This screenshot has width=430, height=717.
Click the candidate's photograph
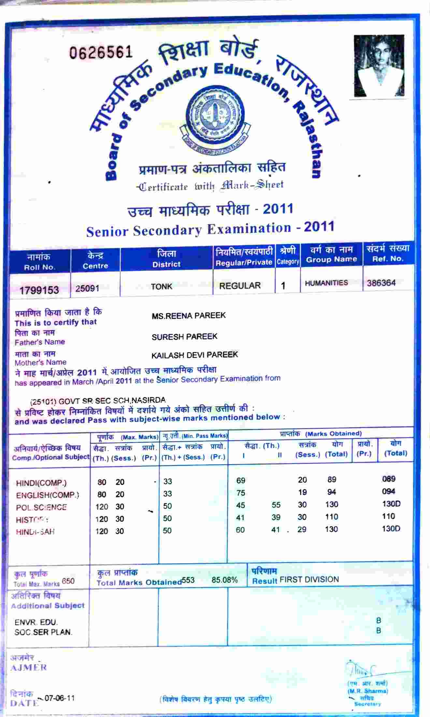tap(379, 66)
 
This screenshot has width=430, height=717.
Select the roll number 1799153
tap(39, 290)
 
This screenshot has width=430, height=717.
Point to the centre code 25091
tap(87, 288)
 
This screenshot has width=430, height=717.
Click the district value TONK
tap(162, 286)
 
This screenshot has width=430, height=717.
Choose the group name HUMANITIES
tap(326, 283)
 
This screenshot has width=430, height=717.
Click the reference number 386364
tap(381, 283)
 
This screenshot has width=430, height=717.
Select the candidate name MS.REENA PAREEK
tap(189, 315)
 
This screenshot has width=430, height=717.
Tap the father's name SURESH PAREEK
tap(184, 336)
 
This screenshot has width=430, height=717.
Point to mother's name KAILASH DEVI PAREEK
tap(195, 355)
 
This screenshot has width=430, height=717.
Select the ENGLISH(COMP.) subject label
tap(48, 495)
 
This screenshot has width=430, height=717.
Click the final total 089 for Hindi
tap(389, 479)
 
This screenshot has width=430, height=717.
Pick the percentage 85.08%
tap(224, 580)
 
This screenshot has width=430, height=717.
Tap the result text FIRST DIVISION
tap(309, 579)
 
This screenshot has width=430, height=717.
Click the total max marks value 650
tap(68, 581)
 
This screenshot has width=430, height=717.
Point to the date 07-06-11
tap(60, 698)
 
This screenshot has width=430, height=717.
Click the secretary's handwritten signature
tap(362, 669)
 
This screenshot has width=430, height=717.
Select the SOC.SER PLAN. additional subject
tap(43, 632)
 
